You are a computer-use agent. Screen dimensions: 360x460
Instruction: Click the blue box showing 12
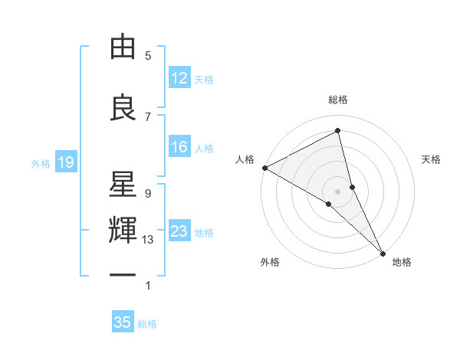point(179,79)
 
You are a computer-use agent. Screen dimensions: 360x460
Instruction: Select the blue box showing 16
point(179,148)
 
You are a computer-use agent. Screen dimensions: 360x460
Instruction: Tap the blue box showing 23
point(179,232)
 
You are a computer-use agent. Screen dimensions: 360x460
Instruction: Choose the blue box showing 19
point(65,162)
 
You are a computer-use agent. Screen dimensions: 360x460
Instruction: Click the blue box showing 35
point(123,322)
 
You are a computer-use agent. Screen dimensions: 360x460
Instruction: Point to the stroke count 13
point(148,240)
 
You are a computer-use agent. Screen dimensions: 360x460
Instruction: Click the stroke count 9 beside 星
point(148,193)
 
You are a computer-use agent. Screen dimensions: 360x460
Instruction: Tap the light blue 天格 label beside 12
point(204,80)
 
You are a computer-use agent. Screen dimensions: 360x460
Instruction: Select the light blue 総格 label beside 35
point(147,324)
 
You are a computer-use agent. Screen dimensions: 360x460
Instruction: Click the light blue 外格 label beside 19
point(41,163)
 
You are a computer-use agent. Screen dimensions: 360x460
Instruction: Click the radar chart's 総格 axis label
point(338,100)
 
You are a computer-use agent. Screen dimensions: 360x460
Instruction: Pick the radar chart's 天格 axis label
point(432,159)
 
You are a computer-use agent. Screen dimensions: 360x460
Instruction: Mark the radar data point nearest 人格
point(264,168)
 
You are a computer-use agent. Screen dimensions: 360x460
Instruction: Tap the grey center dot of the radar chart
point(338,190)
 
